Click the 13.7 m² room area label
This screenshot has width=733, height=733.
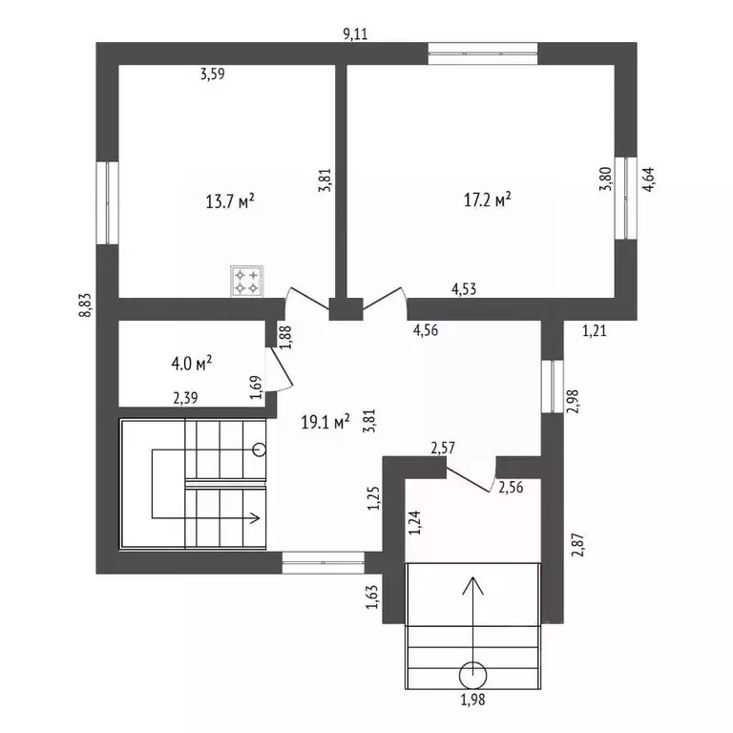(230, 201)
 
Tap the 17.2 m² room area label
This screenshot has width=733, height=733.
(487, 199)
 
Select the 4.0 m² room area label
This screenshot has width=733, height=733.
(192, 364)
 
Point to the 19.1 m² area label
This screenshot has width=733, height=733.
(325, 423)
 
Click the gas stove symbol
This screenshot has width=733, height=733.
(247, 281)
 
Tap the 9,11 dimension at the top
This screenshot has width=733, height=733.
(355, 34)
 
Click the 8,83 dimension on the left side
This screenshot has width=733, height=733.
(86, 305)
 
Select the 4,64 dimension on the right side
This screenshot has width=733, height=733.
(649, 179)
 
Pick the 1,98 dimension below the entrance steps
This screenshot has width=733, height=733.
(472, 700)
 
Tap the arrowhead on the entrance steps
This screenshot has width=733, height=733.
(472, 584)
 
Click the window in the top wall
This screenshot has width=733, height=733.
(482, 53)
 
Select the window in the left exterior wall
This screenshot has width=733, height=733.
(108, 203)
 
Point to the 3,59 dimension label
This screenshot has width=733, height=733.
(213, 73)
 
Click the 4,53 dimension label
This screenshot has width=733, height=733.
(464, 289)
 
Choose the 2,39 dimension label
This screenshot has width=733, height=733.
(185, 398)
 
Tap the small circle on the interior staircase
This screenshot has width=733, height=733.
(259, 450)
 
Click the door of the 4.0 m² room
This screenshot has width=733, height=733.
(281, 368)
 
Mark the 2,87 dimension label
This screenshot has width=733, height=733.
(577, 545)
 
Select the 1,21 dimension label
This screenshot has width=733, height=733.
(595, 331)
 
